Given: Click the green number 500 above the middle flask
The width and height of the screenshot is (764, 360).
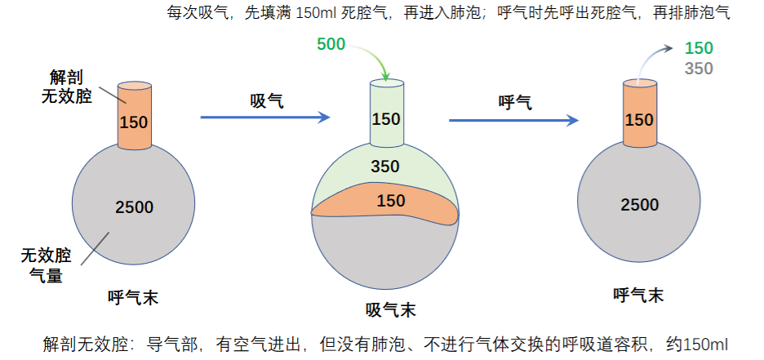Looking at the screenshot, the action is (x=331, y=44).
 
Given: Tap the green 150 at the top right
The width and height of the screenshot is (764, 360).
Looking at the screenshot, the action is (x=699, y=48).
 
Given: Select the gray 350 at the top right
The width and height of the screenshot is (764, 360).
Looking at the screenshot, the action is (x=699, y=69).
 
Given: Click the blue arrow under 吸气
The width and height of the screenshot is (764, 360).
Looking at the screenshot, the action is (x=265, y=117).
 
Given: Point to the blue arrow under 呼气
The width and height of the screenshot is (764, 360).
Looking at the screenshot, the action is (x=513, y=120).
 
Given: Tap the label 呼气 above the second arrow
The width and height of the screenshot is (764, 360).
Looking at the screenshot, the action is (x=516, y=103).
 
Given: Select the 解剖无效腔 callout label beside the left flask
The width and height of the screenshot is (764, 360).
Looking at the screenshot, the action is (x=66, y=87).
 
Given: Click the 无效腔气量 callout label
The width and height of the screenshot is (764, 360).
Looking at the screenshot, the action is (x=46, y=265).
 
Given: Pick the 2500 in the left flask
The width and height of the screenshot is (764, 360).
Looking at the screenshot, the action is (x=135, y=207).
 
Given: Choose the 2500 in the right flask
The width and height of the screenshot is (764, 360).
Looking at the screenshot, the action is (x=640, y=205).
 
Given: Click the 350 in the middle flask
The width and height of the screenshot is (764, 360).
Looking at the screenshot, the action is (x=385, y=167).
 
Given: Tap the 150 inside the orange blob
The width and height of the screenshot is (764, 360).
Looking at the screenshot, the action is (x=391, y=201).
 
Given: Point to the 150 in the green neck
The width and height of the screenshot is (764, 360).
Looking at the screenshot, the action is (x=386, y=119).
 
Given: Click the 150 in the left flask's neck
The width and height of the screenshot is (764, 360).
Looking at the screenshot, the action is (x=134, y=122).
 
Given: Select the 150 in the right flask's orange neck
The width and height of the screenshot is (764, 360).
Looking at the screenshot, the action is (x=639, y=120).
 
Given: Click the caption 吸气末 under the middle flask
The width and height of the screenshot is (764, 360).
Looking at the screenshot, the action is (x=391, y=310).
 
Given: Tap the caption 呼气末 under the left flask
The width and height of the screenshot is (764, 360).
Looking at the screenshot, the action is (x=133, y=297).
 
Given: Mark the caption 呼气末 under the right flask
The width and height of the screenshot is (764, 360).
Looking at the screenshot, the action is (x=638, y=295).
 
